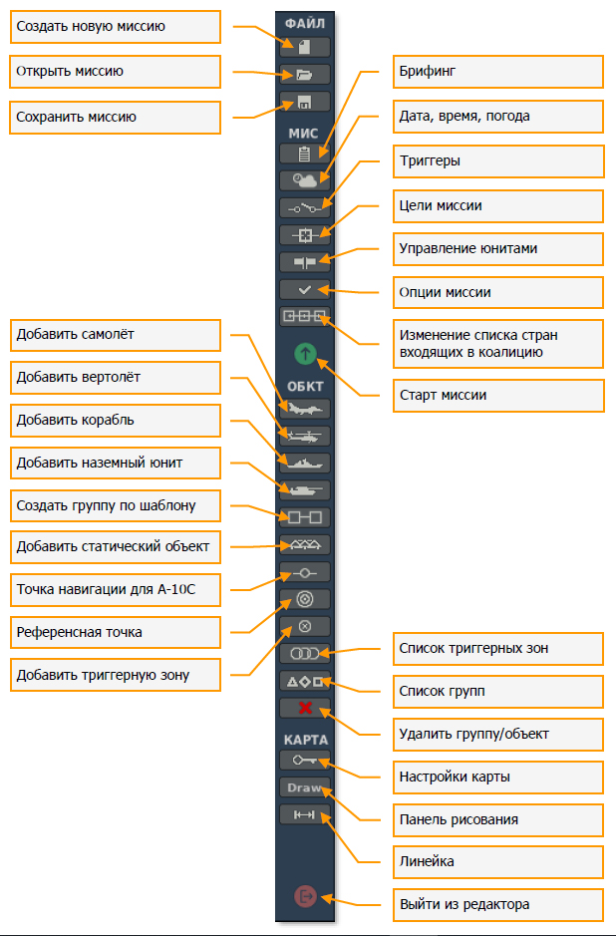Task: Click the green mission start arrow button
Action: [x=305, y=353]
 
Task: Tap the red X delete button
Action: [x=305, y=708]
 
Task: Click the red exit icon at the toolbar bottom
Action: [x=305, y=896]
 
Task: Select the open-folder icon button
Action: [x=305, y=74]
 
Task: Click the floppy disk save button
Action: [x=305, y=101]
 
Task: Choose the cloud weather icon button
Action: [x=305, y=180]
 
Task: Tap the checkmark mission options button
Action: [x=305, y=290]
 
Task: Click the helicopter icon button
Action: [x=305, y=436]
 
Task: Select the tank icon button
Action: [x=305, y=489]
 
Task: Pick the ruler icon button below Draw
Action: [x=305, y=815]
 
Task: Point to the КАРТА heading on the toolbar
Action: [x=305, y=740]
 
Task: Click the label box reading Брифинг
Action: [x=494, y=72]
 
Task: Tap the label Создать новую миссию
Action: [x=116, y=27]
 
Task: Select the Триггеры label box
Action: [x=494, y=160]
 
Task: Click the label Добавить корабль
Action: [x=116, y=421]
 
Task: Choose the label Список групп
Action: [x=494, y=691]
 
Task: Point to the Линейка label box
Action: [x=494, y=860]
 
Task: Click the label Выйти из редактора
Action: [x=494, y=905]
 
